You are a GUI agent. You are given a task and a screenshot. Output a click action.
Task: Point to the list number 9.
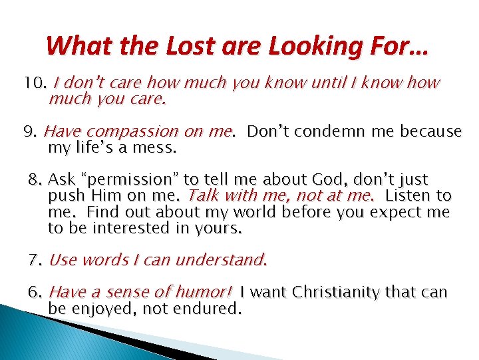point(30,132)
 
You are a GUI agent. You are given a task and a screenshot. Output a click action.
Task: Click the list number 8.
point(35,180)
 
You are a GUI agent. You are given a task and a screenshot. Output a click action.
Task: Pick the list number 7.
point(35,260)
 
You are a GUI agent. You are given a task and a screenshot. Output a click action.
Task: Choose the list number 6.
point(35,293)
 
